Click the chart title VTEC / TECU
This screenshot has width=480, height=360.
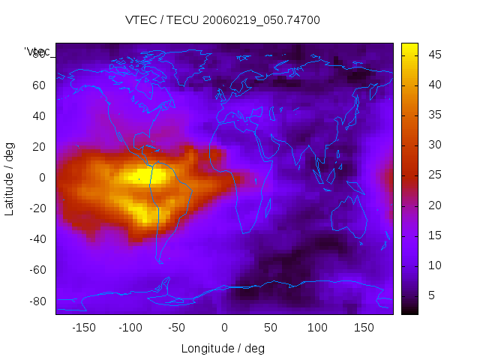223,20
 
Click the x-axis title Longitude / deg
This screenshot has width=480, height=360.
223,348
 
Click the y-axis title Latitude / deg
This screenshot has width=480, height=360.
10,178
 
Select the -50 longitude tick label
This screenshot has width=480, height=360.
177,327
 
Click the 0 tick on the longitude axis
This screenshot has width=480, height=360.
224,327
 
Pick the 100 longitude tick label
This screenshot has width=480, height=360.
318,327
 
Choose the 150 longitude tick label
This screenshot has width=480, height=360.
364,327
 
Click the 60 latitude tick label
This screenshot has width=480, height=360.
38,85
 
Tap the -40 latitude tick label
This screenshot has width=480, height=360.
36,239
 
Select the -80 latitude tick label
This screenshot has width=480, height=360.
36,301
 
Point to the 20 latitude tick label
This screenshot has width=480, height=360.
38,146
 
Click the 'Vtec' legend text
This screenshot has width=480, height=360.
37,52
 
